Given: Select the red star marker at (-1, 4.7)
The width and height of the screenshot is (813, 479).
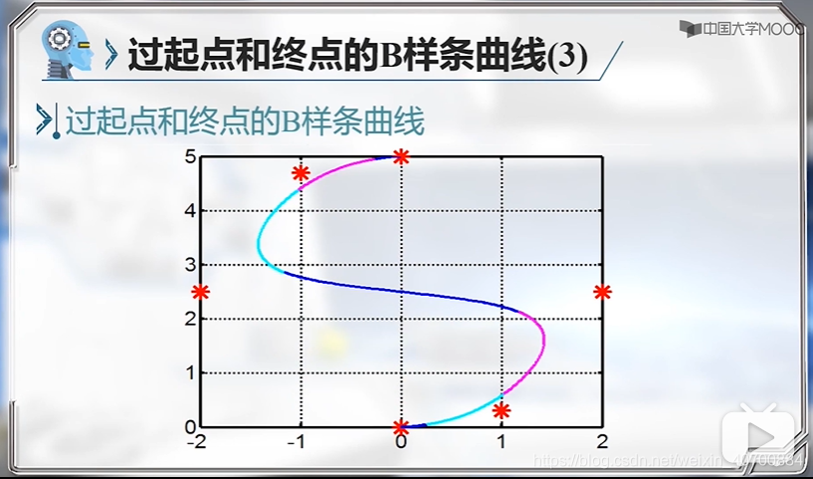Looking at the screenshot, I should point(301,173).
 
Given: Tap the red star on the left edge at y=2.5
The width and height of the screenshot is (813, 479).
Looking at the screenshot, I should point(201,292).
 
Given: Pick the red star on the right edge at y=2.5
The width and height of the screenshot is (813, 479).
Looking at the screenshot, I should point(602,292).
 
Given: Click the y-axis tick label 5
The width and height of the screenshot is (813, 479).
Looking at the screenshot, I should point(189,156).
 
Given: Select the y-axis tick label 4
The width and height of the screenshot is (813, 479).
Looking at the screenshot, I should point(189,211).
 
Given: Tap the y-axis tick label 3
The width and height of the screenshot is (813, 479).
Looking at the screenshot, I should point(189,265).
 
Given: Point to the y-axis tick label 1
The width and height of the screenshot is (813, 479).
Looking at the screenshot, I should point(189,373).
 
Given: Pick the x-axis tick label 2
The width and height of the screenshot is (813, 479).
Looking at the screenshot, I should point(602,442).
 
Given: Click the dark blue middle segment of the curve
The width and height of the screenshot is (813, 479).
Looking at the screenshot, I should point(398,290).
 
